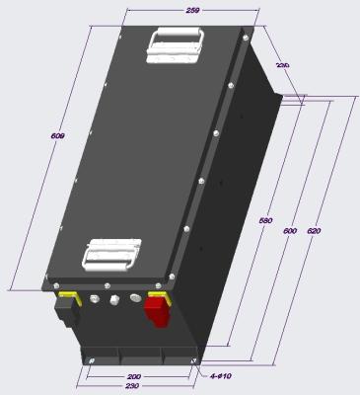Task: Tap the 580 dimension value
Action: coord(265,221)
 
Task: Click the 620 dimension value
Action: coord(314,230)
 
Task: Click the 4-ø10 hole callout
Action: coord(221,376)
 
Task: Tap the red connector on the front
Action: coord(156,311)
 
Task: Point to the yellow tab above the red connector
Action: coord(157,293)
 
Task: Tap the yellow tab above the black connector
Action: coord(68,294)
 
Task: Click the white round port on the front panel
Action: coord(112,298)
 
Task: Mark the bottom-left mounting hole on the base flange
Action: coord(82,363)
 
